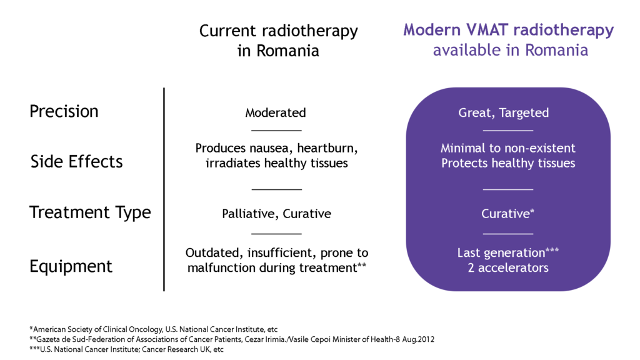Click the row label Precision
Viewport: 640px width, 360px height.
point(64,111)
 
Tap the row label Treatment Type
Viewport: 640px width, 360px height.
point(90,212)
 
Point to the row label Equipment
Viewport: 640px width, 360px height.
point(71,266)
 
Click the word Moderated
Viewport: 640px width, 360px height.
point(276,113)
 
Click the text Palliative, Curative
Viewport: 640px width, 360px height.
point(276,214)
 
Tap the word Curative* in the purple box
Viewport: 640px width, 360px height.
point(507,214)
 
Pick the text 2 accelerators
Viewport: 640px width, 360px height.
point(508,267)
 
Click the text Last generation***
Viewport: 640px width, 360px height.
point(507,252)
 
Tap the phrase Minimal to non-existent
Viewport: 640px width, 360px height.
point(507,149)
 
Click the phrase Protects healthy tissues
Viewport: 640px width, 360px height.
point(507,163)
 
